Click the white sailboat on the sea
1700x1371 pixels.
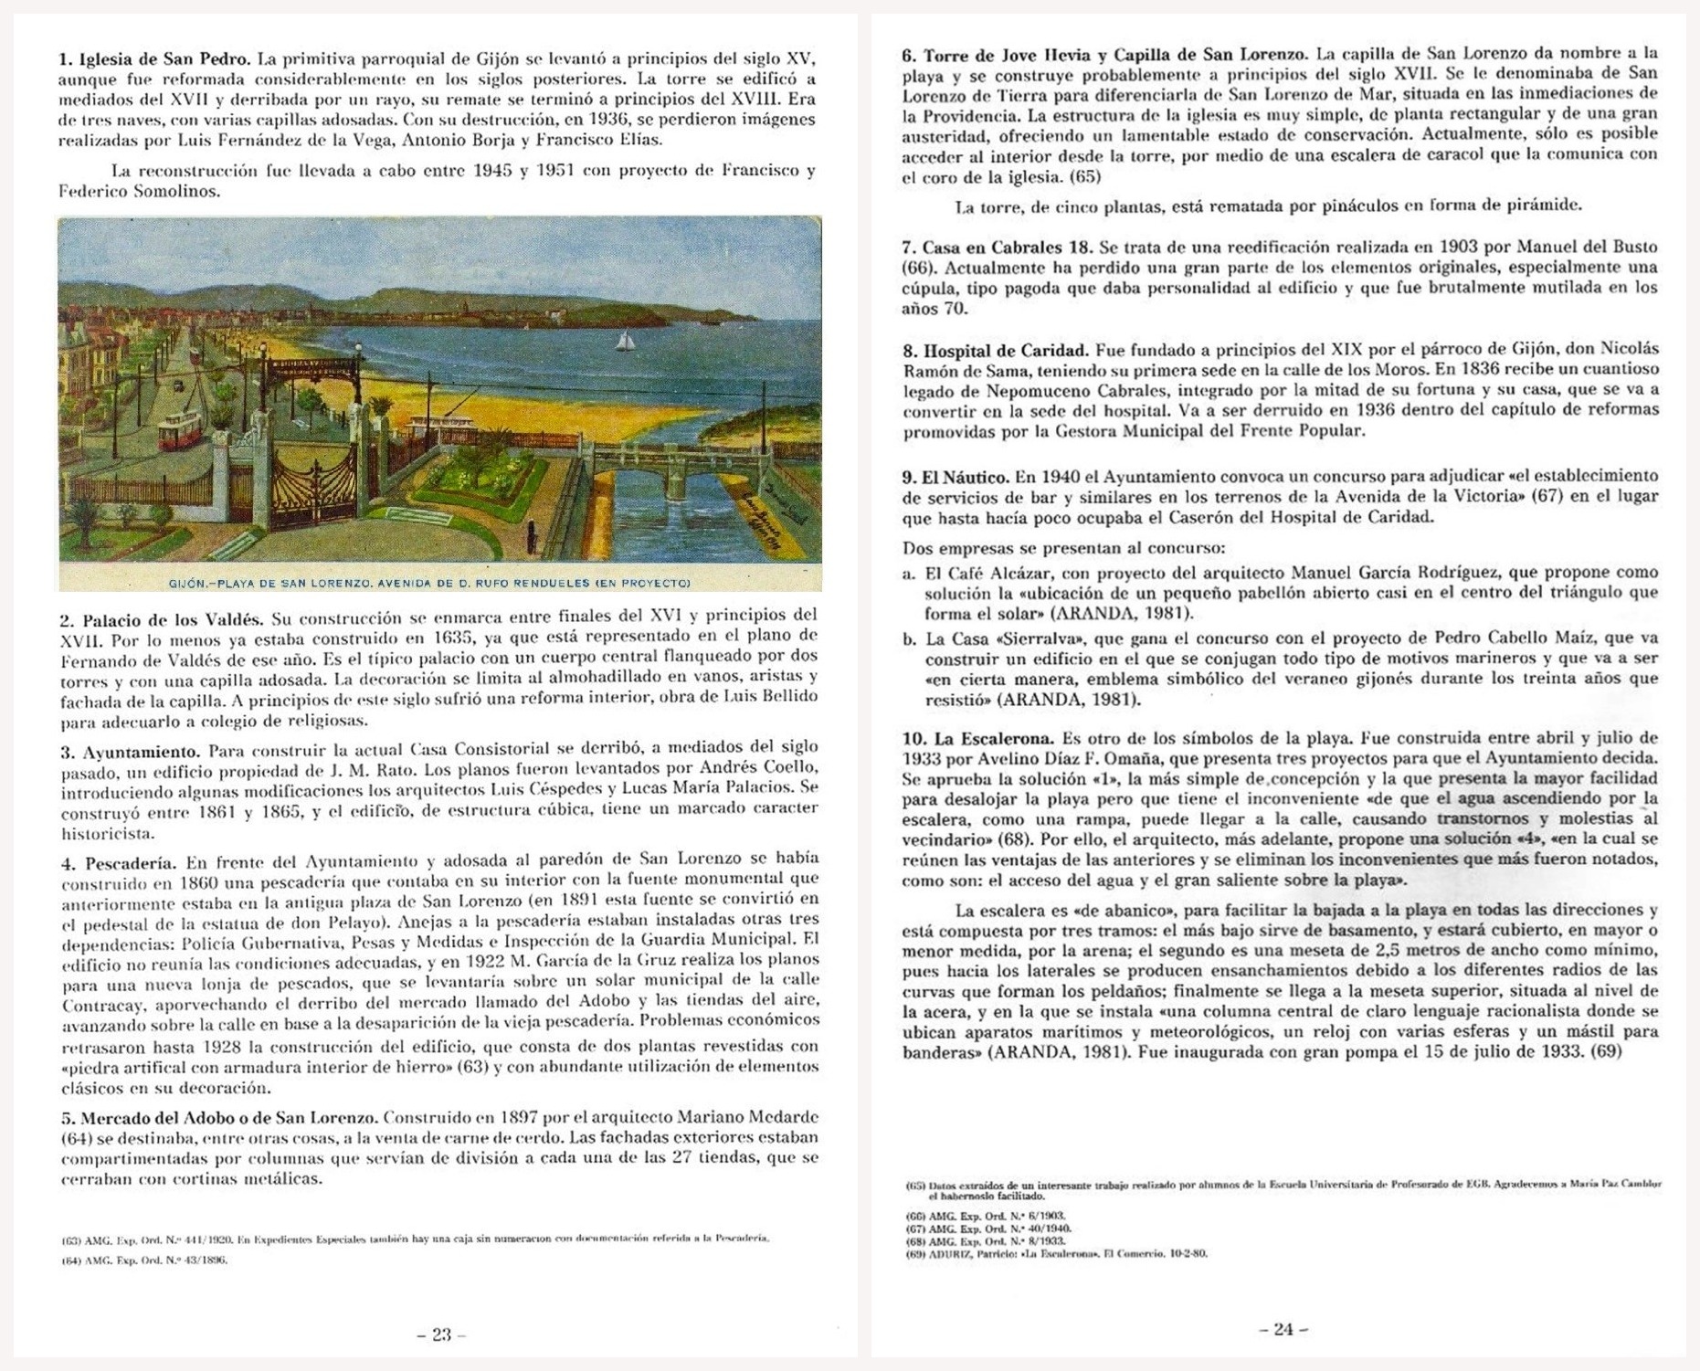point(626,340)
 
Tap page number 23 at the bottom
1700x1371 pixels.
point(441,1334)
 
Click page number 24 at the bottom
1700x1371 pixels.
point(1283,1329)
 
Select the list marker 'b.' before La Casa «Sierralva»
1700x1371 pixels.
point(909,638)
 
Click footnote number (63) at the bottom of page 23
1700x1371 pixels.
point(70,1239)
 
